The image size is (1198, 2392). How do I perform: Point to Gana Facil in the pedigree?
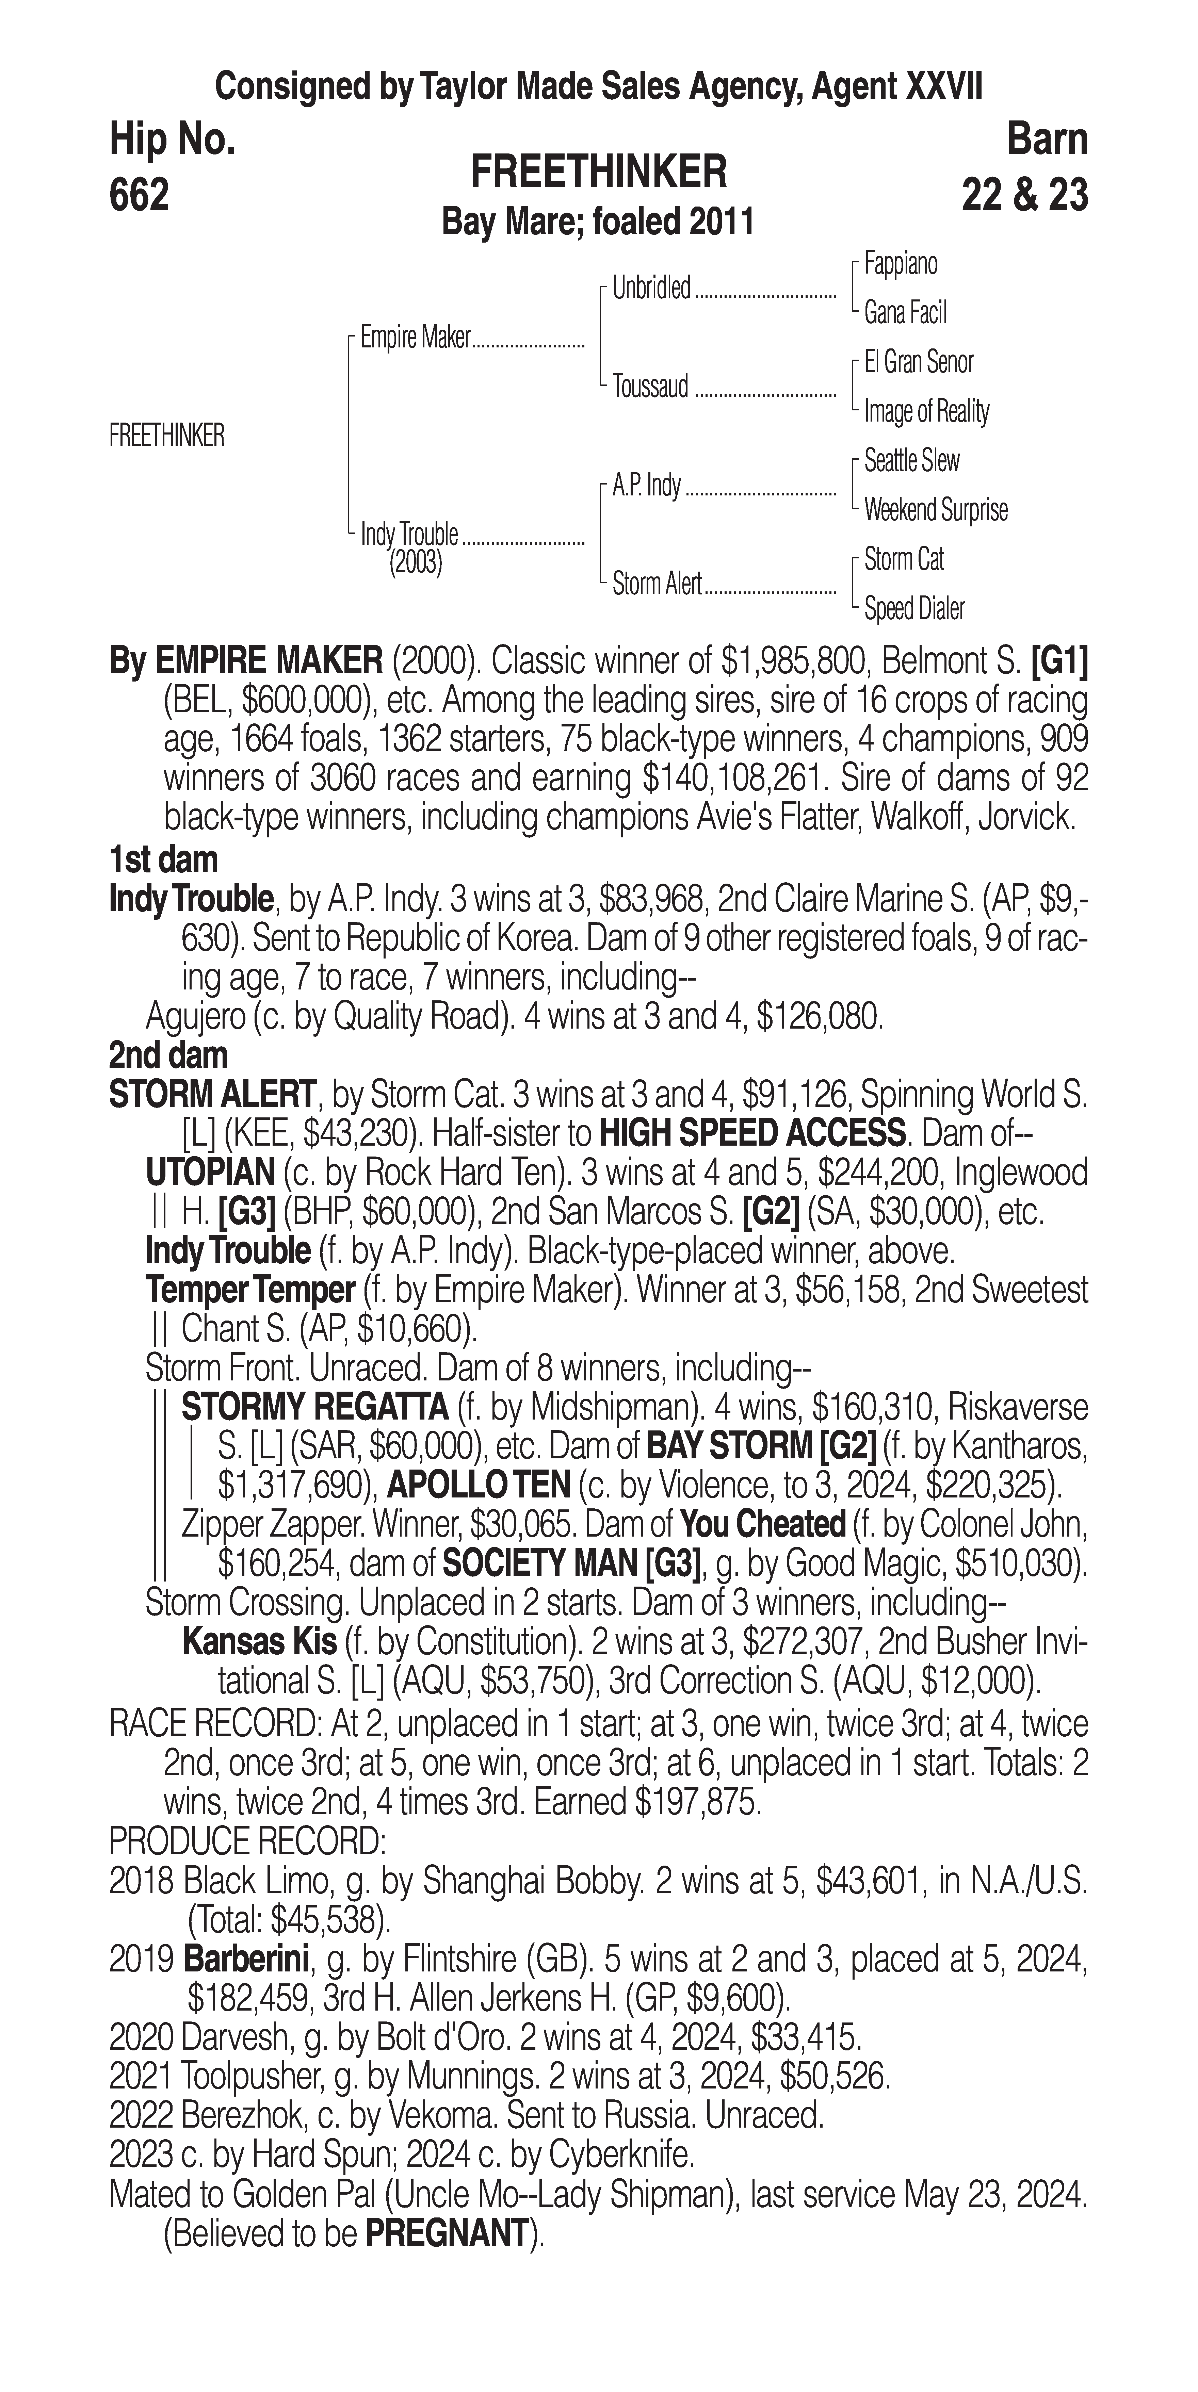point(905,313)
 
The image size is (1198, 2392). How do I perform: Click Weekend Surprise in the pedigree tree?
point(935,510)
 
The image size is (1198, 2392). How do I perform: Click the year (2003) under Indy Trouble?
point(415,563)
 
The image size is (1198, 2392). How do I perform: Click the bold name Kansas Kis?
point(259,1642)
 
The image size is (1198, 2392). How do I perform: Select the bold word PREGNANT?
point(447,2233)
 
